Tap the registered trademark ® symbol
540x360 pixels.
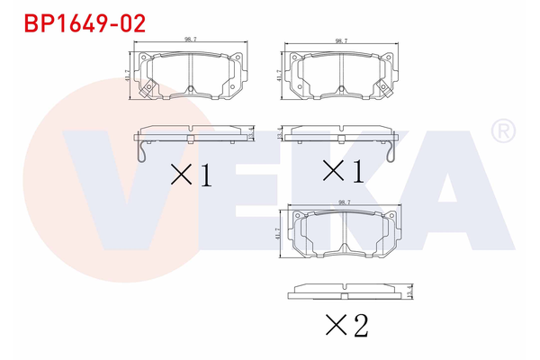[x=501, y=132]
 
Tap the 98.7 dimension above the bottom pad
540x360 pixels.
[x=343, y=203]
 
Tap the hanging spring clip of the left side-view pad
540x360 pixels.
[x=141, y=154]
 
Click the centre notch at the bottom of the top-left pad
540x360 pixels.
[x=191, y=88]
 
